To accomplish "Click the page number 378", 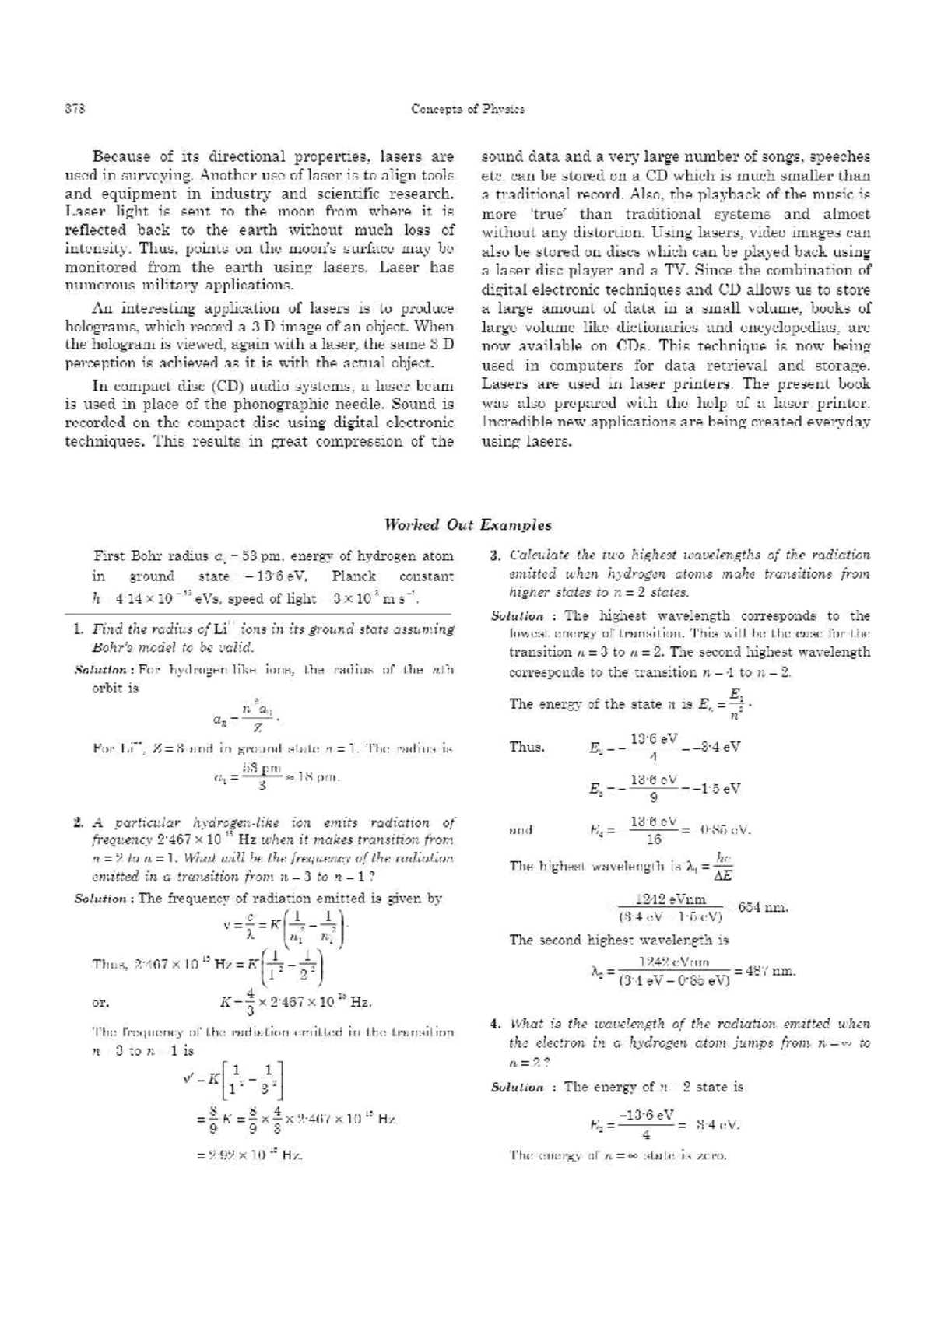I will [x=75, y=109].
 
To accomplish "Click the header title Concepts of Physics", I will [x=467, y=109].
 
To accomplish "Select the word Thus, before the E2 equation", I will [x=527, y=747].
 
